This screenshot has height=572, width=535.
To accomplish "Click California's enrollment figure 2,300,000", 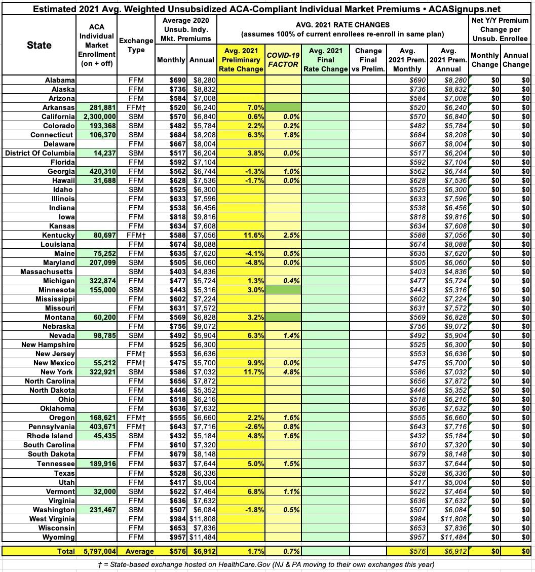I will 97,117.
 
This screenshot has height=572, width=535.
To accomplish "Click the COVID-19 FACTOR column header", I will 283,60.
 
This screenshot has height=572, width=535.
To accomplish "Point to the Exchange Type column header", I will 136,45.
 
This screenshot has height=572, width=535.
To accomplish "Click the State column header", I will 39,45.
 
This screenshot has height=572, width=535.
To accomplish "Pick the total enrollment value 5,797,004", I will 97,550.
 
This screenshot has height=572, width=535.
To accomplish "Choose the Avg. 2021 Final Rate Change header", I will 325,60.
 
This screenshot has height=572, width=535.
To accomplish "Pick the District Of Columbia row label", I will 40,153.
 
